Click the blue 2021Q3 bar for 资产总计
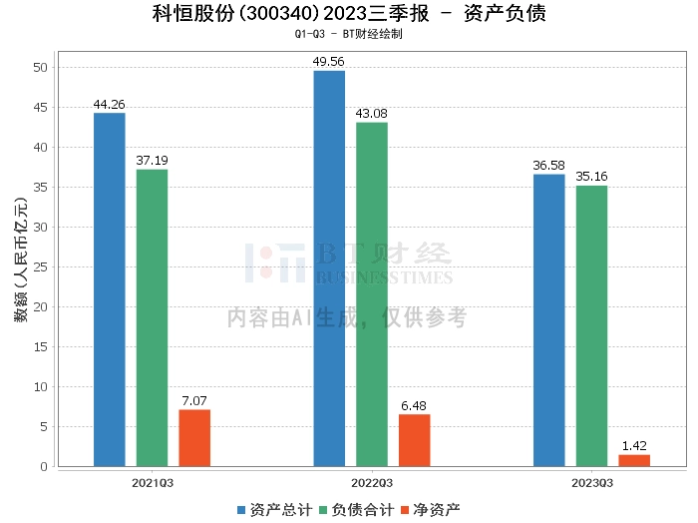coord(110,289)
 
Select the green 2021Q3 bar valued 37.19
coord(153,317)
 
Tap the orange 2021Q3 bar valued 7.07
coord(194,437)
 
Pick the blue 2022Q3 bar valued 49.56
coord(329,267)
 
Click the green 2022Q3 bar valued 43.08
coord(372,293)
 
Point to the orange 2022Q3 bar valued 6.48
coord(414,440)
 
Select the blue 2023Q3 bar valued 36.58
coord(548,319)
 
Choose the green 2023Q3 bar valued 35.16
coord(591,325)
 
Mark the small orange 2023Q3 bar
coord(633,460)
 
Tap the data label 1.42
coord(633,446)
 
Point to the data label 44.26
coord(110,104)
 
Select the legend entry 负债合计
coord(355,509)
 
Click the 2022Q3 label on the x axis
coord(371,482)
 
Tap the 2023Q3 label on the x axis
coord(590,482)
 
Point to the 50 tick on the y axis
coord(40,68)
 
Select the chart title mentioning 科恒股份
coord(349,13)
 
